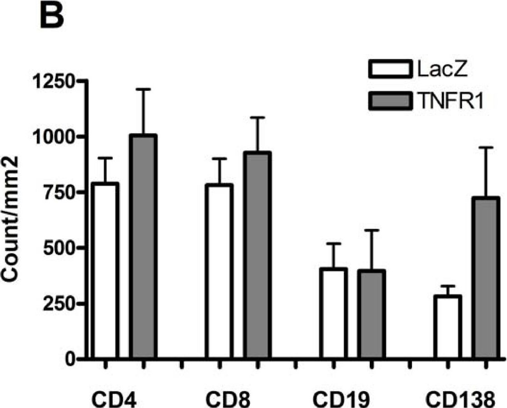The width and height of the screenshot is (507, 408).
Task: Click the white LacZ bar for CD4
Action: pos(105,271)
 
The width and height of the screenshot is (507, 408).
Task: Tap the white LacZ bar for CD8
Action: pos(219,272)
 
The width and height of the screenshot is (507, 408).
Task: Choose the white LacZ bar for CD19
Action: pos(334,313)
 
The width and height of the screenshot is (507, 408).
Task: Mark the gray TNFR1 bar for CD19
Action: pos(372,314)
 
